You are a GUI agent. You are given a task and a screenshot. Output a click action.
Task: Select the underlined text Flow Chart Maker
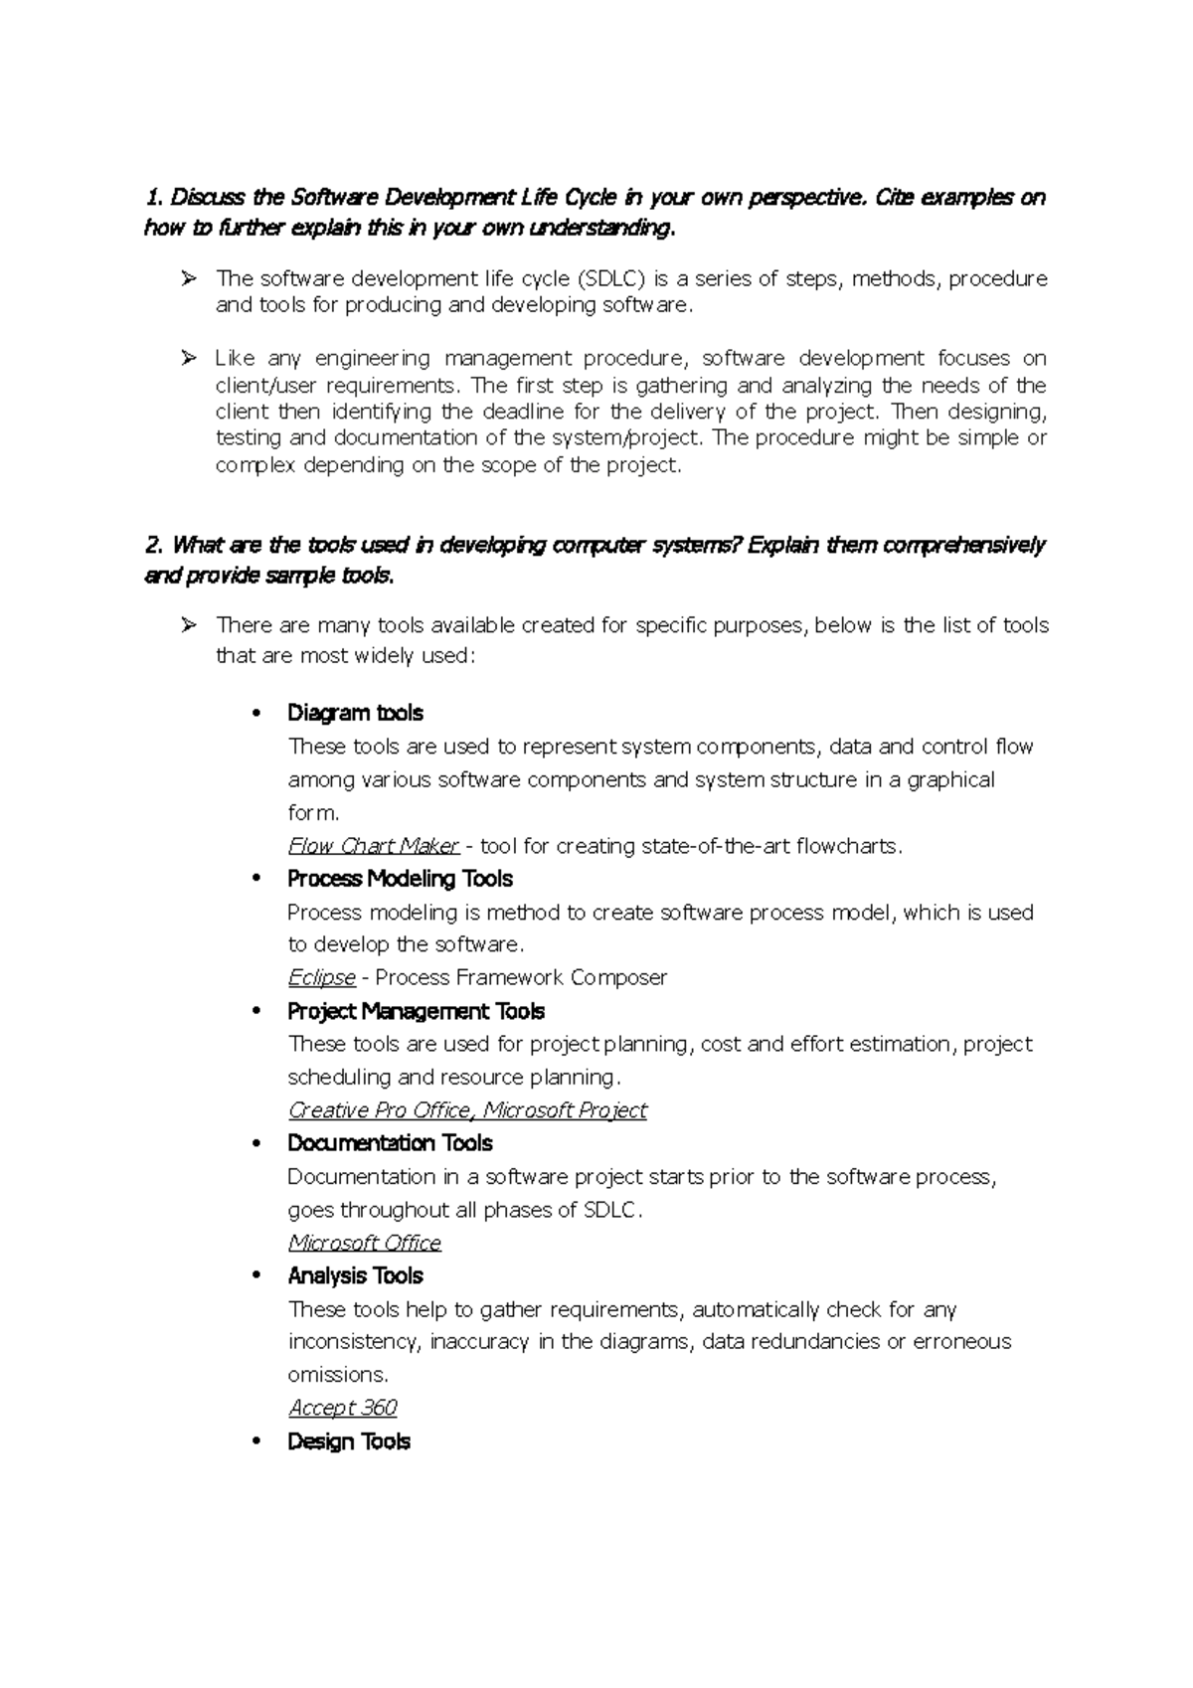[373, 846]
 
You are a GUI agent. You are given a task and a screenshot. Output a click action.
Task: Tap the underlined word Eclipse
[321, 977]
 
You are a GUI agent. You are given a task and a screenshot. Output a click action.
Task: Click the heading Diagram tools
[355, 713]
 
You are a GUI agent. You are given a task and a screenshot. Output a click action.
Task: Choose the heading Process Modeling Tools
[400, 879]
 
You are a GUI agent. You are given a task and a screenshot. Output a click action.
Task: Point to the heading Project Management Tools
[416, 1011]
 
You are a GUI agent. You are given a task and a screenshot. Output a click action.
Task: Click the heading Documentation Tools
[390, 1143]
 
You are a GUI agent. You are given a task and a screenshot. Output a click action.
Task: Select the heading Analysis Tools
[355, 1275]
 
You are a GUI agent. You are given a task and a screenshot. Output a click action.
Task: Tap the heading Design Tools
[348, 1441]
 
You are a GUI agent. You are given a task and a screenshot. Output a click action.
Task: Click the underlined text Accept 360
[342, 1408]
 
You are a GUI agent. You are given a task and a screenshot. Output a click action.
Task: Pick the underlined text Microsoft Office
[364, 1243]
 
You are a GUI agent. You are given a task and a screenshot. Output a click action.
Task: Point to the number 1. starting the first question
[152, 197]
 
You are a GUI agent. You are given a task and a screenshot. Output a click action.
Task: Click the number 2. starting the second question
[153, 545]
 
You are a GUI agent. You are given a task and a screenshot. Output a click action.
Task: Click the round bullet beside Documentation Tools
[257, 1143]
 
